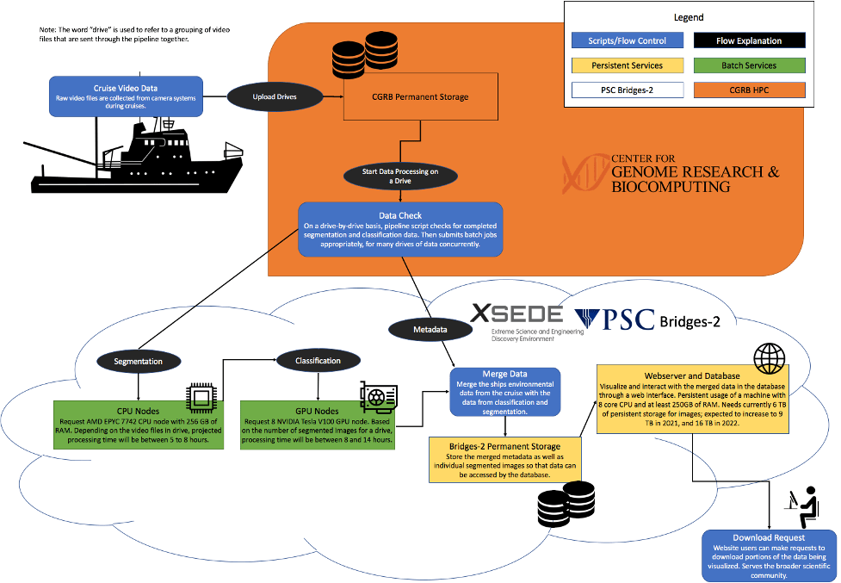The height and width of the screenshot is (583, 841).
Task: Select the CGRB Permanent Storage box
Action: click(419, 96)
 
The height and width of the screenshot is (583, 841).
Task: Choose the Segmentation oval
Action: click(138, 362)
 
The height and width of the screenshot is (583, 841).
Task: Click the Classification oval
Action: click(318, 361)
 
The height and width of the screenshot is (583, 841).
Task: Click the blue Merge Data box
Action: click(504, 393)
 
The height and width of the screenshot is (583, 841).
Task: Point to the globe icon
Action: click(769, 357)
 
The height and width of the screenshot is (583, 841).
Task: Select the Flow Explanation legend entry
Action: click(748, 40)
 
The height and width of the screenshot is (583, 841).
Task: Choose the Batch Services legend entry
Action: click(748, 65)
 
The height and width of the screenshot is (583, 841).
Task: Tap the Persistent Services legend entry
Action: click(628, 65)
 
